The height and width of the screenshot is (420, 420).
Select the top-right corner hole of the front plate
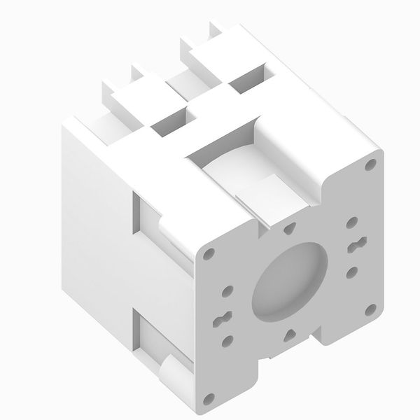click(x=370, y=166)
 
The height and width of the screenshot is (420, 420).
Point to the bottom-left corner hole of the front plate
click(x=208, y=400)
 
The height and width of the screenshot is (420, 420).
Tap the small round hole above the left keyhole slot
click(x=227, y=290)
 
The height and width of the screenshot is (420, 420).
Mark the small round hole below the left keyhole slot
click(x=227, y=341)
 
